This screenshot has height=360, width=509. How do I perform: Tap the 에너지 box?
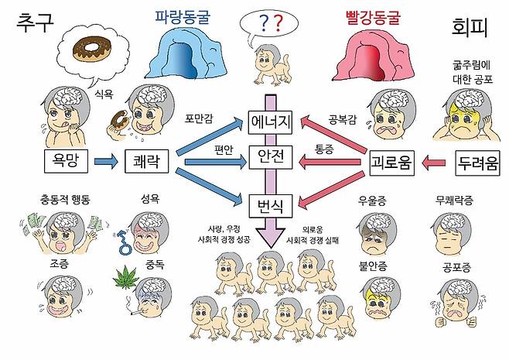(269, 122)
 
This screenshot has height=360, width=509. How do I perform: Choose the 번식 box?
(269, 206)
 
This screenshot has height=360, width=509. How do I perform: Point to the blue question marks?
(270, 26)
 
